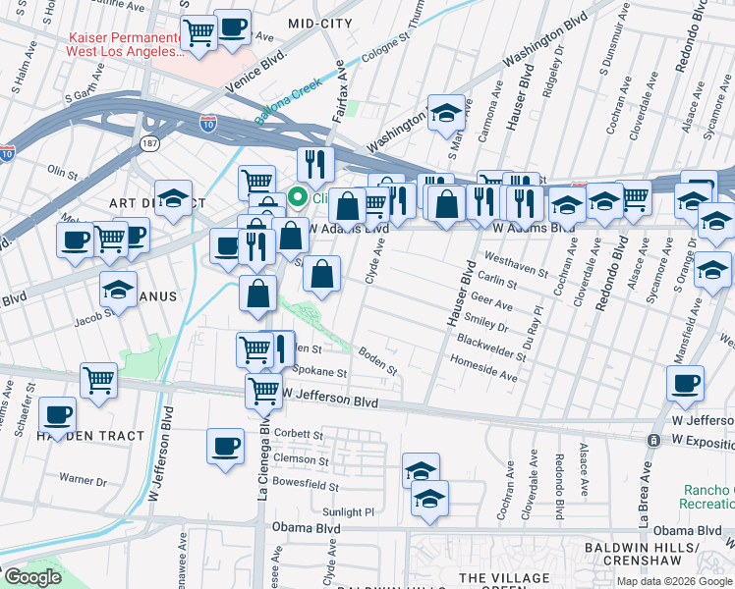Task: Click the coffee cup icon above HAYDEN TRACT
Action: pyautogui.click(x=58, y=415)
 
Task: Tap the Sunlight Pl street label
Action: pyautogui.click(x=349, y=511)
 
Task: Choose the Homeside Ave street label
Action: pyautogui.click(x=483, y=369)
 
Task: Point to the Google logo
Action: pyautogui.click(x=31, y=577)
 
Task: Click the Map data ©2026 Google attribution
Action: pyautogui.click(x=673, y=581)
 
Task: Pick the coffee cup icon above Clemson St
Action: pyautogui.click(x=225, y=445)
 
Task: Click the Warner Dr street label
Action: pyautogui.click(x=83, y=480)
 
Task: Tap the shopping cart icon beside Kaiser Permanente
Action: pyautogui.click(x=199, y=32)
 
